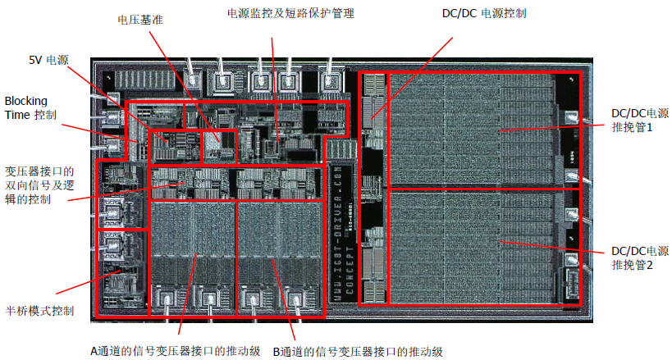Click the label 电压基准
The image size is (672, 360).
point(140,20)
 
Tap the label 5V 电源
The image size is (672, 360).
point(46,61)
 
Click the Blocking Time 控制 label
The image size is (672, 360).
point(30,107)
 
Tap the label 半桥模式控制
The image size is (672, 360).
point(40,311)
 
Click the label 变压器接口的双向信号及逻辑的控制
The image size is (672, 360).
point(39,186)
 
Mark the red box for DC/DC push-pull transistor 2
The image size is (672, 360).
point(484,247)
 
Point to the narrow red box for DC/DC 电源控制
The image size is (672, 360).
point(372,189)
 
